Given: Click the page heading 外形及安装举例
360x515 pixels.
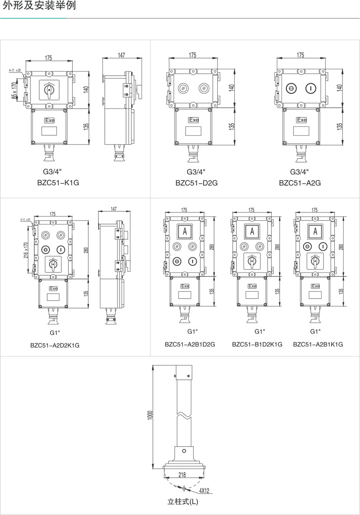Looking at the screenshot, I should click(x=39, y=6).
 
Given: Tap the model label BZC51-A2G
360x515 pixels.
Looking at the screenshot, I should click(x=300, y=183).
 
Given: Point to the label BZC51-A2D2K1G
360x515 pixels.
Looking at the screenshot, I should click(x=55, y=345).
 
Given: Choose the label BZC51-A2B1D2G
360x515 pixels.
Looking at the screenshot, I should click(x=190, y=344).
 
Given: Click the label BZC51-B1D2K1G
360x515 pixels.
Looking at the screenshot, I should click(x=257, y=344).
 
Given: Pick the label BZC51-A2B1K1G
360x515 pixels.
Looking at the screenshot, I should click(x=318, y=344).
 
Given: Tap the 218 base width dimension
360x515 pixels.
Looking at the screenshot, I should click(x=182, y=475).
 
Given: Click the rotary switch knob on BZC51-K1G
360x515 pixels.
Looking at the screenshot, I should click(x=49, y=90).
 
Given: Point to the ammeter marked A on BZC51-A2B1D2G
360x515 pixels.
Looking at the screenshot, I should click(x=185, y=231).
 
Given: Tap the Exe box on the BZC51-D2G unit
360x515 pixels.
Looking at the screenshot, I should click(x=194, y=120).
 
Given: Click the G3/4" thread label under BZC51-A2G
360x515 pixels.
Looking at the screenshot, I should click(x=300, y=172).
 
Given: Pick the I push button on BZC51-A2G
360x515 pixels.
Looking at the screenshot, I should click(x=310, y=88).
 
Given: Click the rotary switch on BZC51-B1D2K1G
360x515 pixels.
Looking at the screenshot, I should click(x=252, y=261).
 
